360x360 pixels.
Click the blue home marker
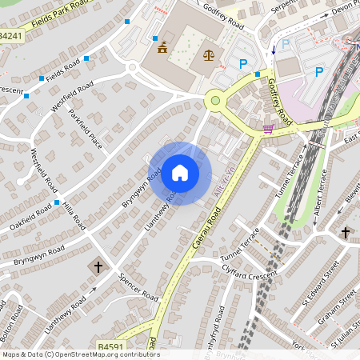point(180,173)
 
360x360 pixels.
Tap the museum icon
point(163,46)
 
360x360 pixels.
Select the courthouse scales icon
point(209,56)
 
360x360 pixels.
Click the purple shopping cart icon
point(267,127)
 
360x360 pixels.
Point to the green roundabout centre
point(214,101)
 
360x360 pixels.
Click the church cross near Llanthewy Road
point(98,265)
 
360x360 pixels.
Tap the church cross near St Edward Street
point(346,233)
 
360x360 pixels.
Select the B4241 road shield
point(11,36)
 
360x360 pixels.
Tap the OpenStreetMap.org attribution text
point(107,354)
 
